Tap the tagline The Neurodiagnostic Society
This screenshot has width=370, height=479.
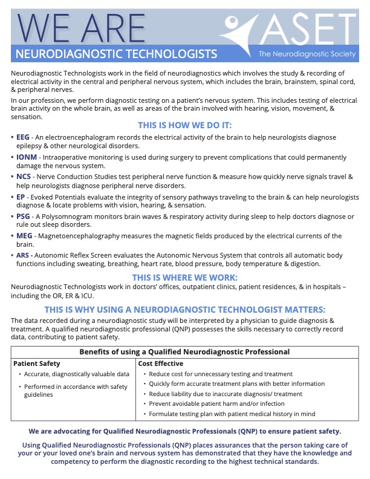(308, 54)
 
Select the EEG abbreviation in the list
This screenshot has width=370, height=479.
(23, 137)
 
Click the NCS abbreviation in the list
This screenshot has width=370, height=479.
(23, 177)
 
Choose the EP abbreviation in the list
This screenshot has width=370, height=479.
(21, 197)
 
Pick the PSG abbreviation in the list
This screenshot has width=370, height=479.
(23, 217)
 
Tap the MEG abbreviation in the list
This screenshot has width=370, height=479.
(23, 236)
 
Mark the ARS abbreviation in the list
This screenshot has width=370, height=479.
(23, 256)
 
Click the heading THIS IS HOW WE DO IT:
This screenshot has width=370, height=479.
(185, 125)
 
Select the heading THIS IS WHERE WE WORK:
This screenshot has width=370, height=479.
(185, 277)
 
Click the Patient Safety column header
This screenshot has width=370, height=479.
(37, 363)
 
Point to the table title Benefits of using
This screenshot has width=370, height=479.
(185, 351)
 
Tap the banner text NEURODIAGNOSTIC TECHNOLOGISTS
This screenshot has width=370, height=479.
(116, 54)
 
